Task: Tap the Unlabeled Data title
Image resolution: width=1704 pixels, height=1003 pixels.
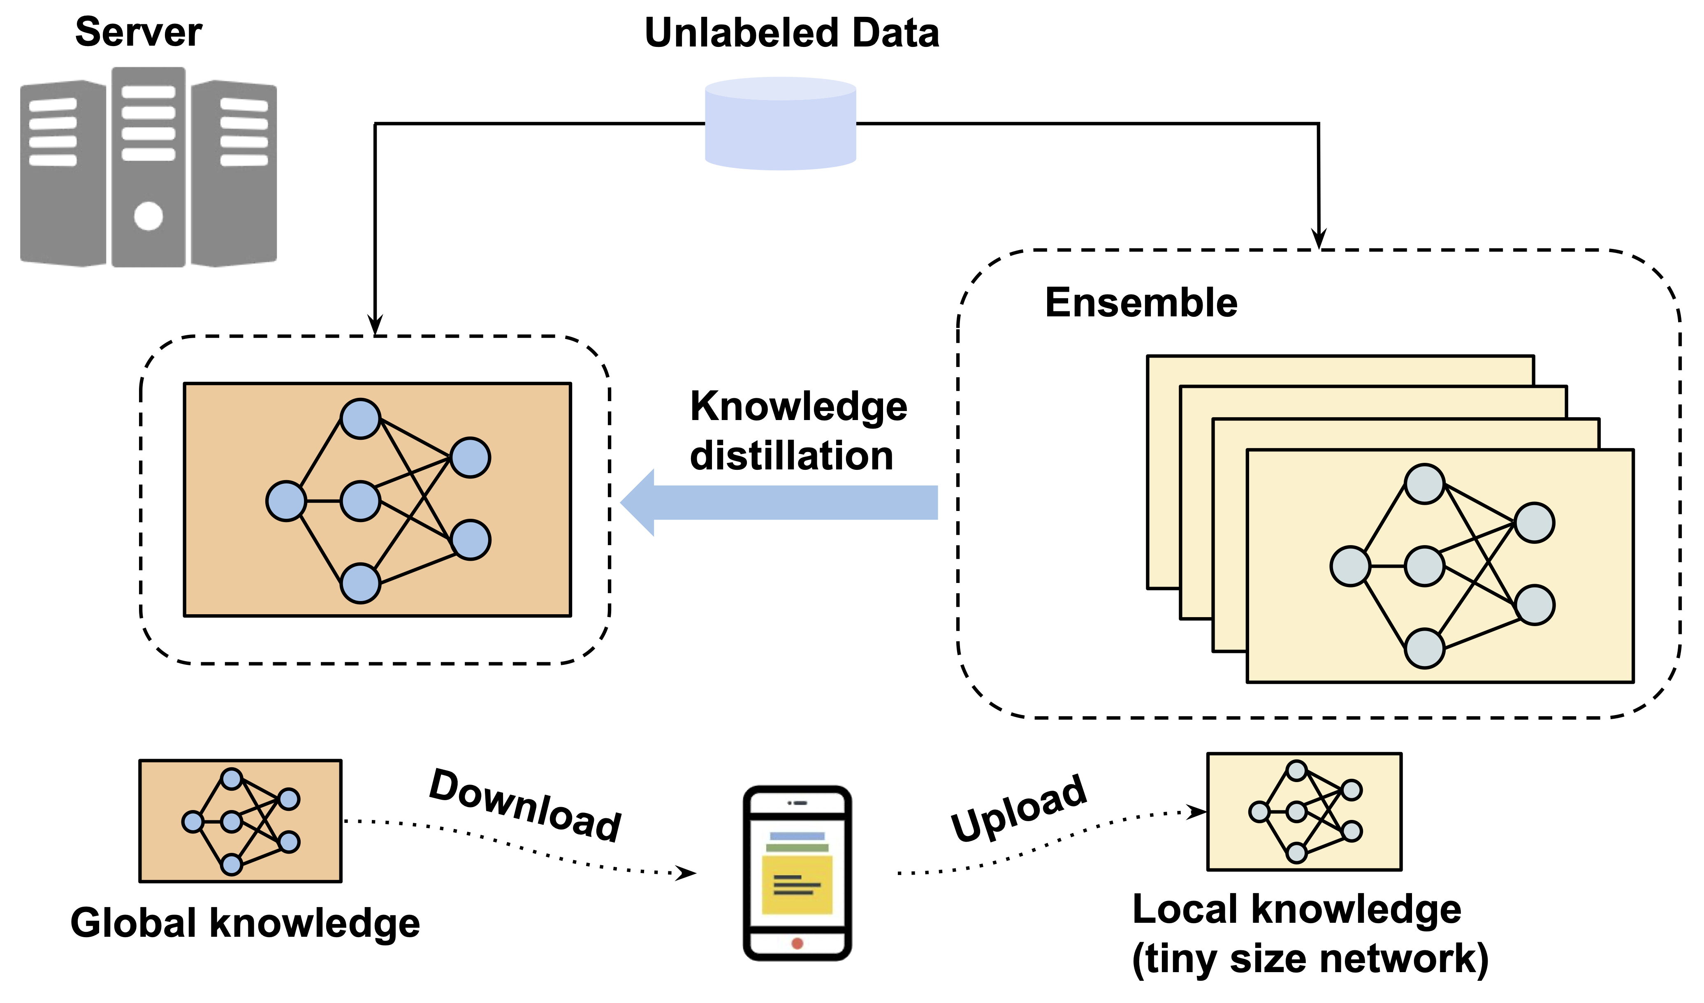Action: (x=792, y=33)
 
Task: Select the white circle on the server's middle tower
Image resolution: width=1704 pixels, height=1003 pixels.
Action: (x=148, y=216)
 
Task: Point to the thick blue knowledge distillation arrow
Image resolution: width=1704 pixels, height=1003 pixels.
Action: (x=778, y=502)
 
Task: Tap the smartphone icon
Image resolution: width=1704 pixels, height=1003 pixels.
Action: (x=797, y=873)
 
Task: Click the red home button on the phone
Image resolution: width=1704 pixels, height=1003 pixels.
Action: (x=797, y=943)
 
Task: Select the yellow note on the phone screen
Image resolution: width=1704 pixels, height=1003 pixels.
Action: (x=797, y=885)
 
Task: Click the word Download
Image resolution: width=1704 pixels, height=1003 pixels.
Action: (x=525, y=806)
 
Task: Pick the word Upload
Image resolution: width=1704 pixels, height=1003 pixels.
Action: (x=1019, y=808)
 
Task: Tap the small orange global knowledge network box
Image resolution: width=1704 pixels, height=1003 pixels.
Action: (x=240, y=821)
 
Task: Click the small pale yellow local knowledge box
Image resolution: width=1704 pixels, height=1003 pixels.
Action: (x=1304, y=812)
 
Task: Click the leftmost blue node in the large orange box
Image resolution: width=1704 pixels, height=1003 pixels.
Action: (x=286, y=501)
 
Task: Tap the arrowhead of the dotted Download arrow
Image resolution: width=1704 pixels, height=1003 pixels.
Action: (x=686, y=873)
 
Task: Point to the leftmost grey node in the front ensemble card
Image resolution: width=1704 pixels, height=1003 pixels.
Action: (x=1350, y=566)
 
